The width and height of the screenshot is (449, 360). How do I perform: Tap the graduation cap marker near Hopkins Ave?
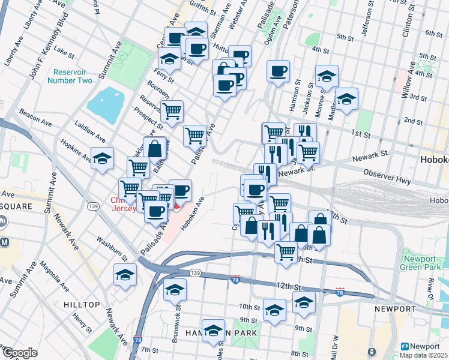(x=103, y=159)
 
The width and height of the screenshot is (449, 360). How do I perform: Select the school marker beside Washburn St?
(x=125, y=275)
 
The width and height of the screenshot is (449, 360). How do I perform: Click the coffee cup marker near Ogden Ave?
(x=278, y=72)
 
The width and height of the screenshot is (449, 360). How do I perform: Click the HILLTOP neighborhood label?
(x=82, y=305)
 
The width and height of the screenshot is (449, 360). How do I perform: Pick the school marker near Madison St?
(x=346, y=100)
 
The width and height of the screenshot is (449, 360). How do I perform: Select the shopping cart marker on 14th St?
(x=286, y=252)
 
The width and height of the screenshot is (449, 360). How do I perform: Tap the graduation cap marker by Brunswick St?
(x=175, y=290)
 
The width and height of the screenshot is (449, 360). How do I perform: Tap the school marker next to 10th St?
(x=275, y=311)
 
